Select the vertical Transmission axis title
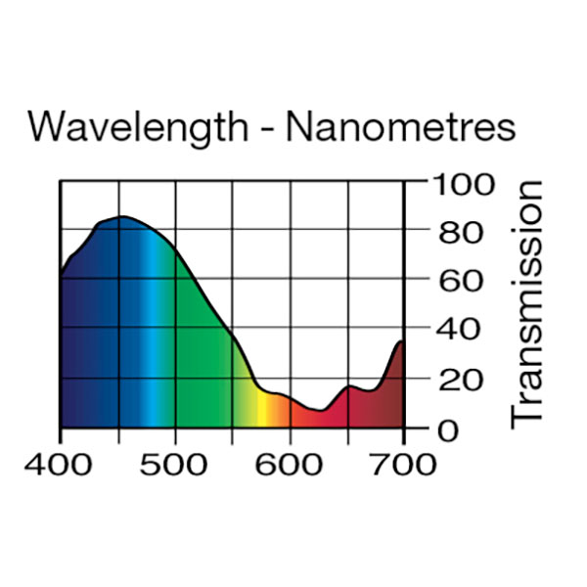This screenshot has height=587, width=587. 527,303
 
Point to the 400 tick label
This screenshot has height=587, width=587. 60,463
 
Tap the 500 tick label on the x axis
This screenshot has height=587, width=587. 174,463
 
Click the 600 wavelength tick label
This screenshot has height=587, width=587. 290,463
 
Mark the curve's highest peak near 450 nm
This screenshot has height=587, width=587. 120,217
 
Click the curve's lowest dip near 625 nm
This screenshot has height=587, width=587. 318,410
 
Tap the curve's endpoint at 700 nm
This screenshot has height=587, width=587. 402,341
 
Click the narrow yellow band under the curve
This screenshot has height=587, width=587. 261,411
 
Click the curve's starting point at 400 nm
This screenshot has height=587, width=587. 62,275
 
